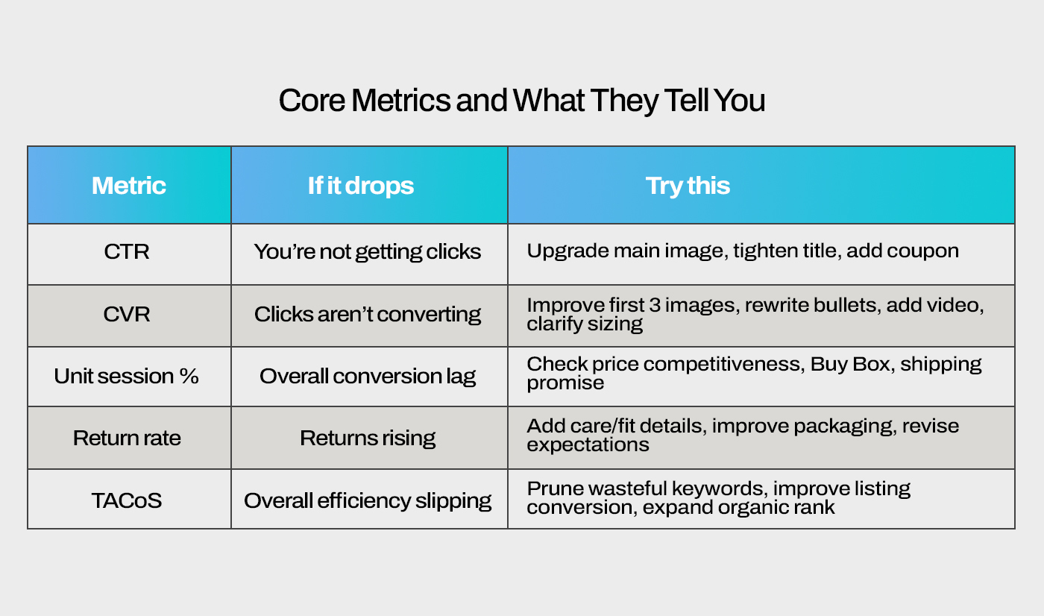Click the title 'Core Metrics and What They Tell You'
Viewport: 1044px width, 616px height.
[x=522, y=101]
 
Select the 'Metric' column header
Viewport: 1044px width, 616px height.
[x=128, y=186]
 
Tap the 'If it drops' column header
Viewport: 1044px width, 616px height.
[x=361, y=186]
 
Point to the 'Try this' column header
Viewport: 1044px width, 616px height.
[x=688, y=186]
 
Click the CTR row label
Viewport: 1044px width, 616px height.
[x=127, y=251]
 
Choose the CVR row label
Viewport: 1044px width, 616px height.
[x=127, y=314]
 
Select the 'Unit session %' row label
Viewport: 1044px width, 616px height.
[x=126, y=376]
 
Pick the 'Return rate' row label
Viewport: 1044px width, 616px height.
[x=127, y=438]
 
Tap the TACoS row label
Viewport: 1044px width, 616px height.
[x=127, y=501]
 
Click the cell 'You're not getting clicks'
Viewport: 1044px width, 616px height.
[x=367, y=252]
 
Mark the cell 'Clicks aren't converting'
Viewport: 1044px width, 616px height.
[x=367, y=315]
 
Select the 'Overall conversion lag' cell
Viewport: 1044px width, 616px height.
[x=368, y=377]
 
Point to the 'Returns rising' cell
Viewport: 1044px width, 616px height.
[x=368, y=439]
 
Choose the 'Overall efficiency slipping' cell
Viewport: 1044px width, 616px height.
[x=368, y=501]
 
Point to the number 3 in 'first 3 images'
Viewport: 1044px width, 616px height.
[x=655, y=305]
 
